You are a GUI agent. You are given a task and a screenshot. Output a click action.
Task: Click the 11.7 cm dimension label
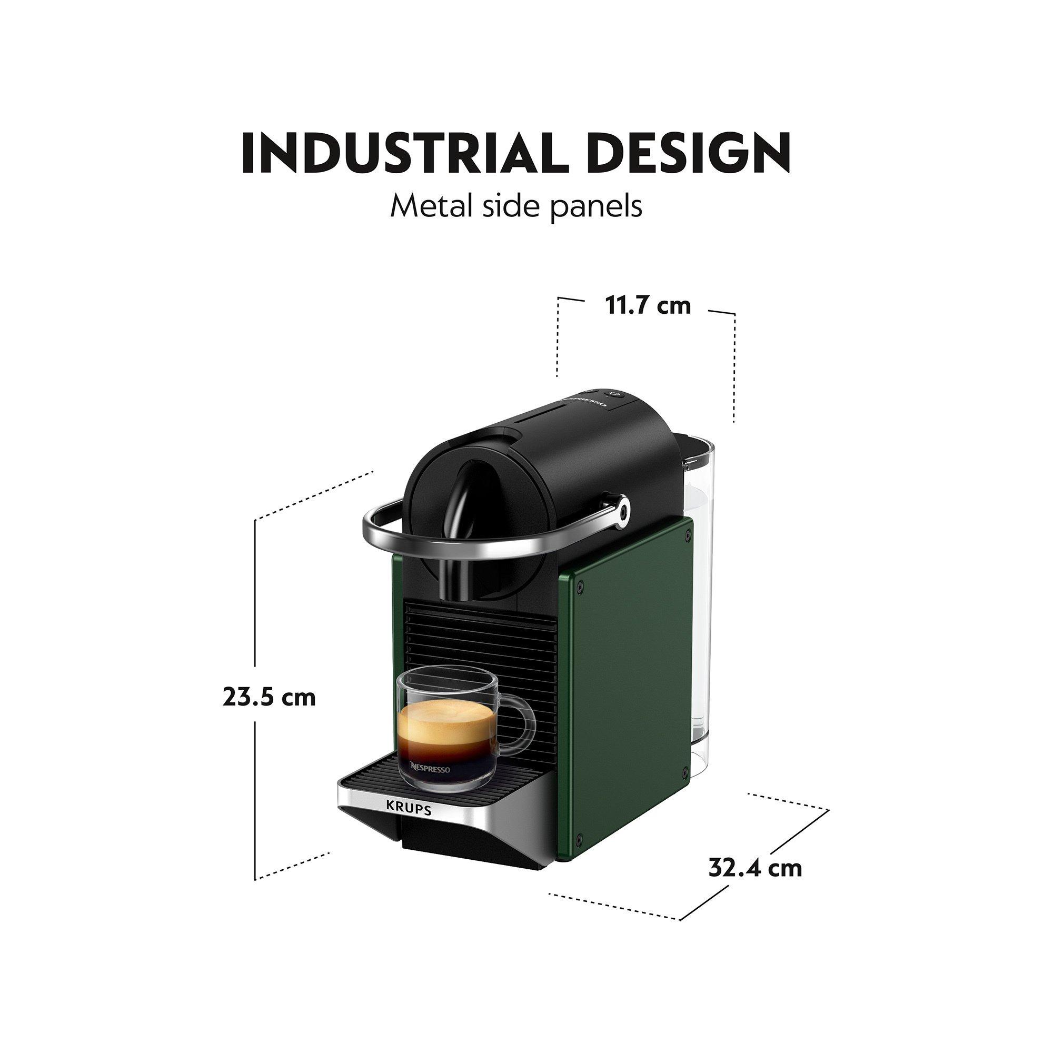point(648,306)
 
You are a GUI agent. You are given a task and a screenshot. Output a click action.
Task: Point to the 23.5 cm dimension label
point(269,697)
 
